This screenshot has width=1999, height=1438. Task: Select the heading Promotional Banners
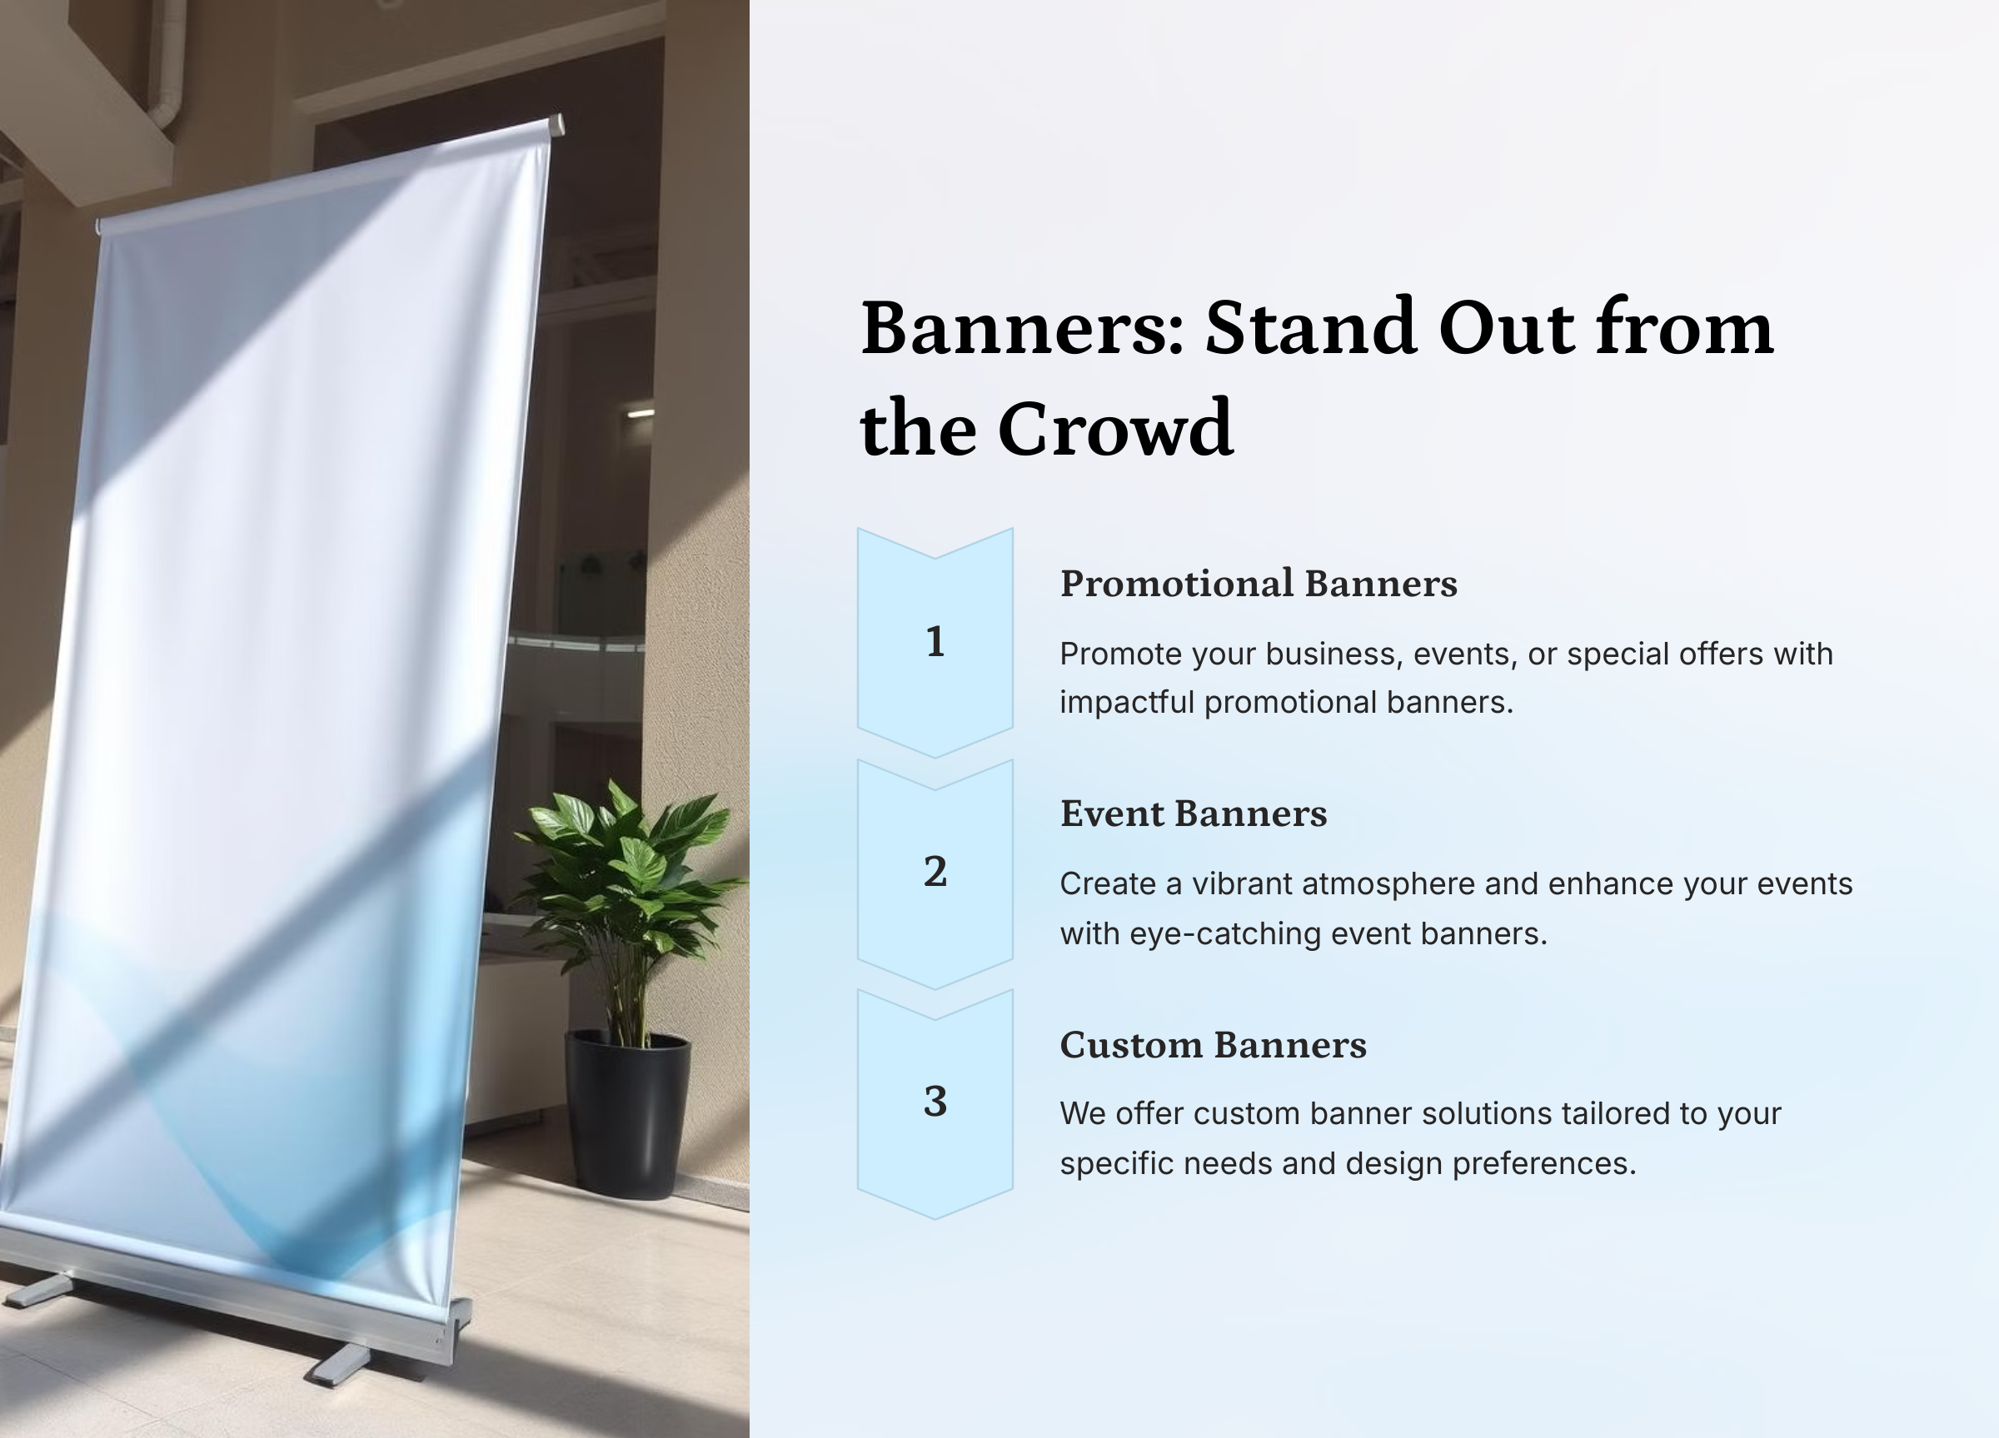pyautogui.click(x=1259, y=585)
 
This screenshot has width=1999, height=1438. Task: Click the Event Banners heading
pyautogui.click(x=1194, y=814)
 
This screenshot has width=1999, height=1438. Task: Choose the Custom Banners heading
pyautogui.click(x=1214, y=1045)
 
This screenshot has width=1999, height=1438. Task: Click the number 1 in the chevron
pyautogui.click(x=935, y=641)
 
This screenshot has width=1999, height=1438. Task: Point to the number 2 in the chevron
pyautogui.click(x=935, y=872)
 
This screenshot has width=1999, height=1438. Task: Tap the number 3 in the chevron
pyautogui.click(x=935, y=1102)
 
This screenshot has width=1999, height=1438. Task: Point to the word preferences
pyautogui.click(x=1543, y=1165)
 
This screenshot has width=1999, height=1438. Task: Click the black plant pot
pyautogui.click(x=627, y=1115)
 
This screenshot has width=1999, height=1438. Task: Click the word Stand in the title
pyautogui.click(x=1312, y=328)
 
